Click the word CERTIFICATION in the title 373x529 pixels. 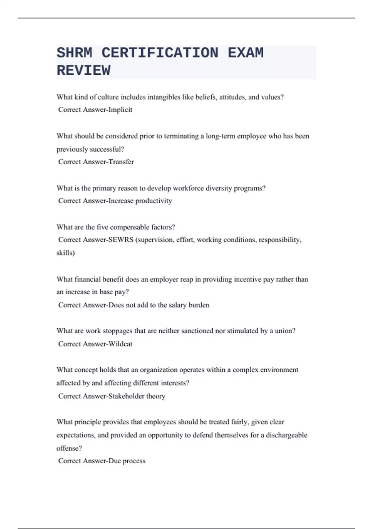[x=160, y=53]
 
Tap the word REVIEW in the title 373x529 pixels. [x=83, y=71]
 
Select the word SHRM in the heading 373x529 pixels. [x=74, y=53]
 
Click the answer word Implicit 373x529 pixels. [x=120, y=110]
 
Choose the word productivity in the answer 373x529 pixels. [x=154, y=201]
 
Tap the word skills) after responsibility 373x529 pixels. [x=66, y=253]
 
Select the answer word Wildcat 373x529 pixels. [x=120, y=344]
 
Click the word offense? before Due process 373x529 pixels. [x=69, y=448]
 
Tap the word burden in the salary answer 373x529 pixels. [x=199, y=305]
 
